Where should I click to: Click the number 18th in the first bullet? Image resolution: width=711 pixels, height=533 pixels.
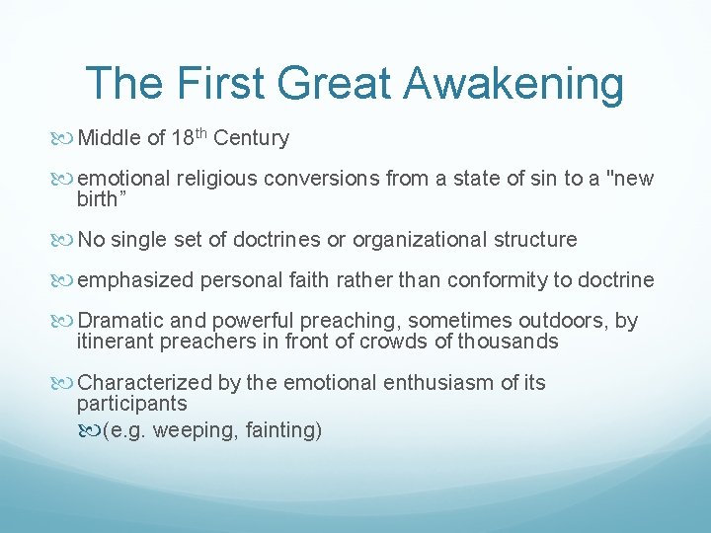[189, 137]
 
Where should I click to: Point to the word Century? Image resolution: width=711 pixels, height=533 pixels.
[251, 138]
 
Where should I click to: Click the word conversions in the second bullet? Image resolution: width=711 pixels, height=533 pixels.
[332, 179]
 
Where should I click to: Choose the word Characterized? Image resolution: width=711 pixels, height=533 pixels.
[144, 383]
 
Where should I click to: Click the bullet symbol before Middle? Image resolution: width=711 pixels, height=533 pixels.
[67, 138]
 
